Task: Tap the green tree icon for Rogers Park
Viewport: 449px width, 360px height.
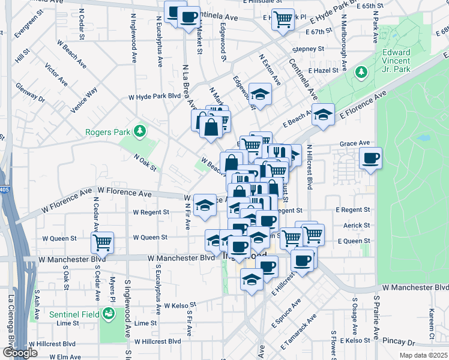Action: pos(139,130)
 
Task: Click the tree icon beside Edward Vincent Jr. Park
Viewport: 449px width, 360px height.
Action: pos(361,73)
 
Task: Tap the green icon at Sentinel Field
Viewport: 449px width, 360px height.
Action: pos(108,313)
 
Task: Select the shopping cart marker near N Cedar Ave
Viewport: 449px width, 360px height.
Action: pos(102,243)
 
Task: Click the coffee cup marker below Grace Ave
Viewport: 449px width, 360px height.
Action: pos(370,158)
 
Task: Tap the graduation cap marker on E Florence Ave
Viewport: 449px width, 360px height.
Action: pos(323,115)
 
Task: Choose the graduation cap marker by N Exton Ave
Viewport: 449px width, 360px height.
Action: pos(260,94)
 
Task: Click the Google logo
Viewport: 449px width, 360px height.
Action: pos(20,353)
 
